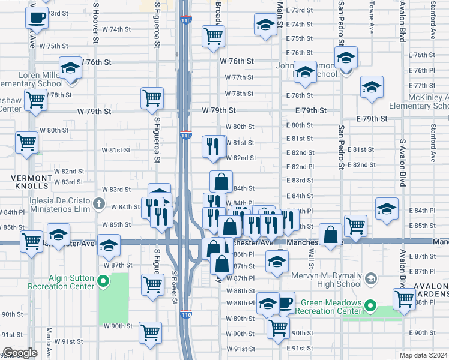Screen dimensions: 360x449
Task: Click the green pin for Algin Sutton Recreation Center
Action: pos(103,280)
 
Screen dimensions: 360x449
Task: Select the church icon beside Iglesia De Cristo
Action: pos(100,203)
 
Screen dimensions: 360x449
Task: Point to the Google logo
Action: pos(20,352)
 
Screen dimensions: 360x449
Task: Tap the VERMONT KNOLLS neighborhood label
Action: pos(31,179)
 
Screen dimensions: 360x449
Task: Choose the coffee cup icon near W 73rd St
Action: pos(37,18)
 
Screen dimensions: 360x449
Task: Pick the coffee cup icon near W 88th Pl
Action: pos(283,302)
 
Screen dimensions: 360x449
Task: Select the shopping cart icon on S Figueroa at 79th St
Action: pos(152,98)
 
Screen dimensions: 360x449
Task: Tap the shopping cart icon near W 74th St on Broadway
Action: pos(213,36)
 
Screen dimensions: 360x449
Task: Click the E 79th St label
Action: pos(311,111)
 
